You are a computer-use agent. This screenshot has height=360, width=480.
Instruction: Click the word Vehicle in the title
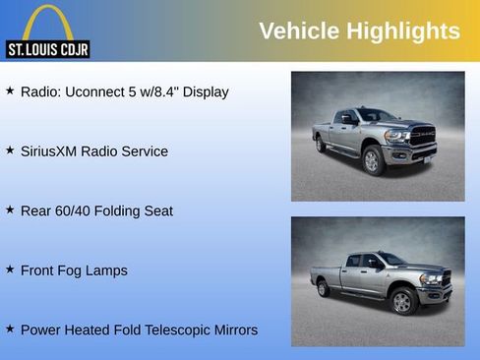298,31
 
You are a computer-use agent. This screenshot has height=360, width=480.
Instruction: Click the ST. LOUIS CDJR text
47,48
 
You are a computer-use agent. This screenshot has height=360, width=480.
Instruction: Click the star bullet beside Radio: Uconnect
10,90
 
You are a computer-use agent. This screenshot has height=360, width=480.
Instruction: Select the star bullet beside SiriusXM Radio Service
10,150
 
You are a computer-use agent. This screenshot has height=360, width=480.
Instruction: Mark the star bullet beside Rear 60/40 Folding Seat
10,209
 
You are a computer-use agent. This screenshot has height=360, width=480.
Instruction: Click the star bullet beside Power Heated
10,328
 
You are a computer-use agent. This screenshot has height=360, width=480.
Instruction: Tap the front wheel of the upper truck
372,160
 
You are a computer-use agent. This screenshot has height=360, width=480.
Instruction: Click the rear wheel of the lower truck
323,288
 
